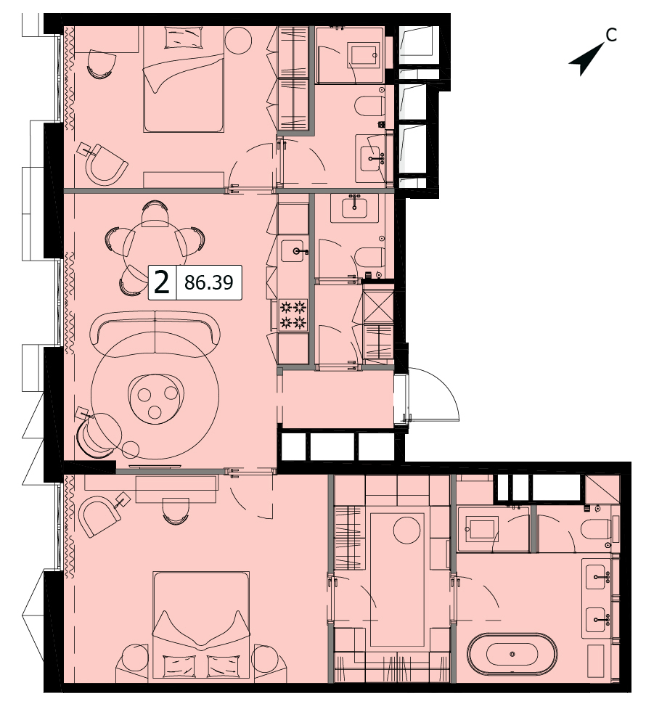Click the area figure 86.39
tap(209, 282)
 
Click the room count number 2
tap(162, 282)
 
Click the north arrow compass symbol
tap(586, 60)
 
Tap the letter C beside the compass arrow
tap(611, 35)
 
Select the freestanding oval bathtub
tap(512, 653)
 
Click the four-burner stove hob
tap(293, 315)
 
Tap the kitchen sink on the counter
tap(295, 250)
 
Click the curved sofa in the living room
tap(155, 335)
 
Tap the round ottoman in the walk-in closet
tap(406, 530)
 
